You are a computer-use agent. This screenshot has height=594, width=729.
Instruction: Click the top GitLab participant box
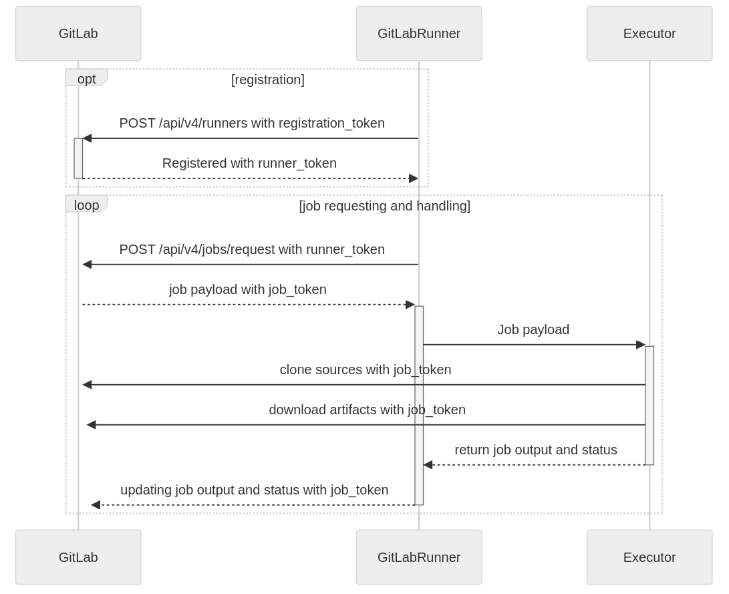(x=78, y=33)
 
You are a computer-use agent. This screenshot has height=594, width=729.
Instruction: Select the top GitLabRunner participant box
(x=419, y=33)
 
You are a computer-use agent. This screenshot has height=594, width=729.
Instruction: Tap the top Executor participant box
(x=649, y=33)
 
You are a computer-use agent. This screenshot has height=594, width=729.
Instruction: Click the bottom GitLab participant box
(x=78, y=557)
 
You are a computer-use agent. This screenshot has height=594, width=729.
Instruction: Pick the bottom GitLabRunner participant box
(x=419, y=557)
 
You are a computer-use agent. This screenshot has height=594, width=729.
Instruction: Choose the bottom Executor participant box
(x=649, y=557)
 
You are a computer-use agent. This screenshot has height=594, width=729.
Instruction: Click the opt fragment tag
(x=86, y=78)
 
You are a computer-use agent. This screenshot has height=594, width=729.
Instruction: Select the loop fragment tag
(x=86, y=205)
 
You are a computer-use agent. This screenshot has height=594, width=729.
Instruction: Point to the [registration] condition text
(x=267, y=80)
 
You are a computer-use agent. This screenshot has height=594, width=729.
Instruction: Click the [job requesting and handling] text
(x=384, y=206)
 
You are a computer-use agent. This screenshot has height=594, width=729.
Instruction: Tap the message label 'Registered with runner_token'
(x=249, y=163)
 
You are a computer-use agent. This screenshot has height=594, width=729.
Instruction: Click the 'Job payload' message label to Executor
(x=533, y=329)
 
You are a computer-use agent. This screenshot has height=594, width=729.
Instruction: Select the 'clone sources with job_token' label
(x=365, y=369)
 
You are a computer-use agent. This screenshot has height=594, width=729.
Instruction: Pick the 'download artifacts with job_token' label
(x=367, y=410)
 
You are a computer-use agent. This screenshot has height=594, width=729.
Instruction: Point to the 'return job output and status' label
(x=535, y=450)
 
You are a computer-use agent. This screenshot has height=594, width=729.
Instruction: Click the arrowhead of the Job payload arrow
(x=641, y=345)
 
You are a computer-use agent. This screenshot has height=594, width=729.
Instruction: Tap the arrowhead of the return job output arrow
(x=428, y=465)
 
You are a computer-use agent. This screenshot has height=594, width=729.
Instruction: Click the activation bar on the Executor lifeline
(x=649, y=405)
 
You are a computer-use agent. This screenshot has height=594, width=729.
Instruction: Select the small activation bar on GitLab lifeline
(x=78, y=158)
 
